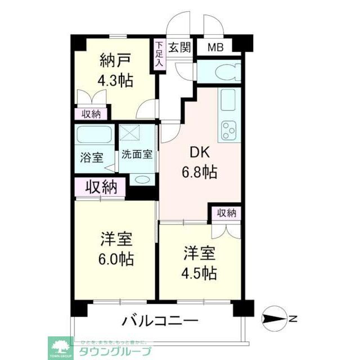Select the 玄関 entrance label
click(x=178, y=47)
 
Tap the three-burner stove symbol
click(x=229, y=130)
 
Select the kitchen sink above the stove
click(x=229, y=100)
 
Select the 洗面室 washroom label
click(x=136, y=154)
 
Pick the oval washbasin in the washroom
click(x=142, y=179)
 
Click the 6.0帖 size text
click(x=116, y=259)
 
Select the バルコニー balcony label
click(x=160, y=322)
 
